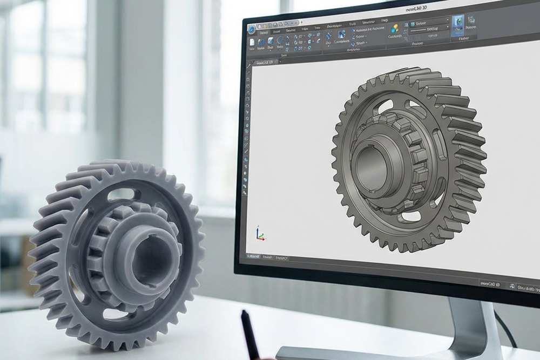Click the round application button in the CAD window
tap(252, 29)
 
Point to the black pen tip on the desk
tap(245, 315)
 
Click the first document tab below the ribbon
tap(265, 63)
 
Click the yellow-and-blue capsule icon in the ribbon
tap(395, 29)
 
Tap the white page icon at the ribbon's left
tap(252, 42)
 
